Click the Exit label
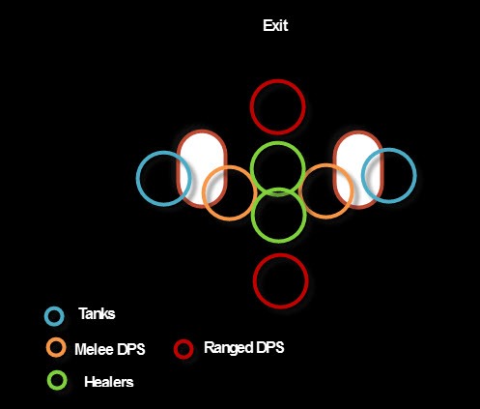click(275, 25)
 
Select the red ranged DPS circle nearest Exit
click(277, 80)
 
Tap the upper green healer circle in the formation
click(277, 143)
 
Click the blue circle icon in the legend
click(54, 307)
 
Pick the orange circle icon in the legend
click(56, 338)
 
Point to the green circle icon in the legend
click(57, 371)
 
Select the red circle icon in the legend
click(184, 340)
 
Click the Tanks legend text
click(97, 313)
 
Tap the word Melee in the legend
click(94, 349)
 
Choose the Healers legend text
click(109, 382)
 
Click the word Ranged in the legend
click(229, 348)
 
